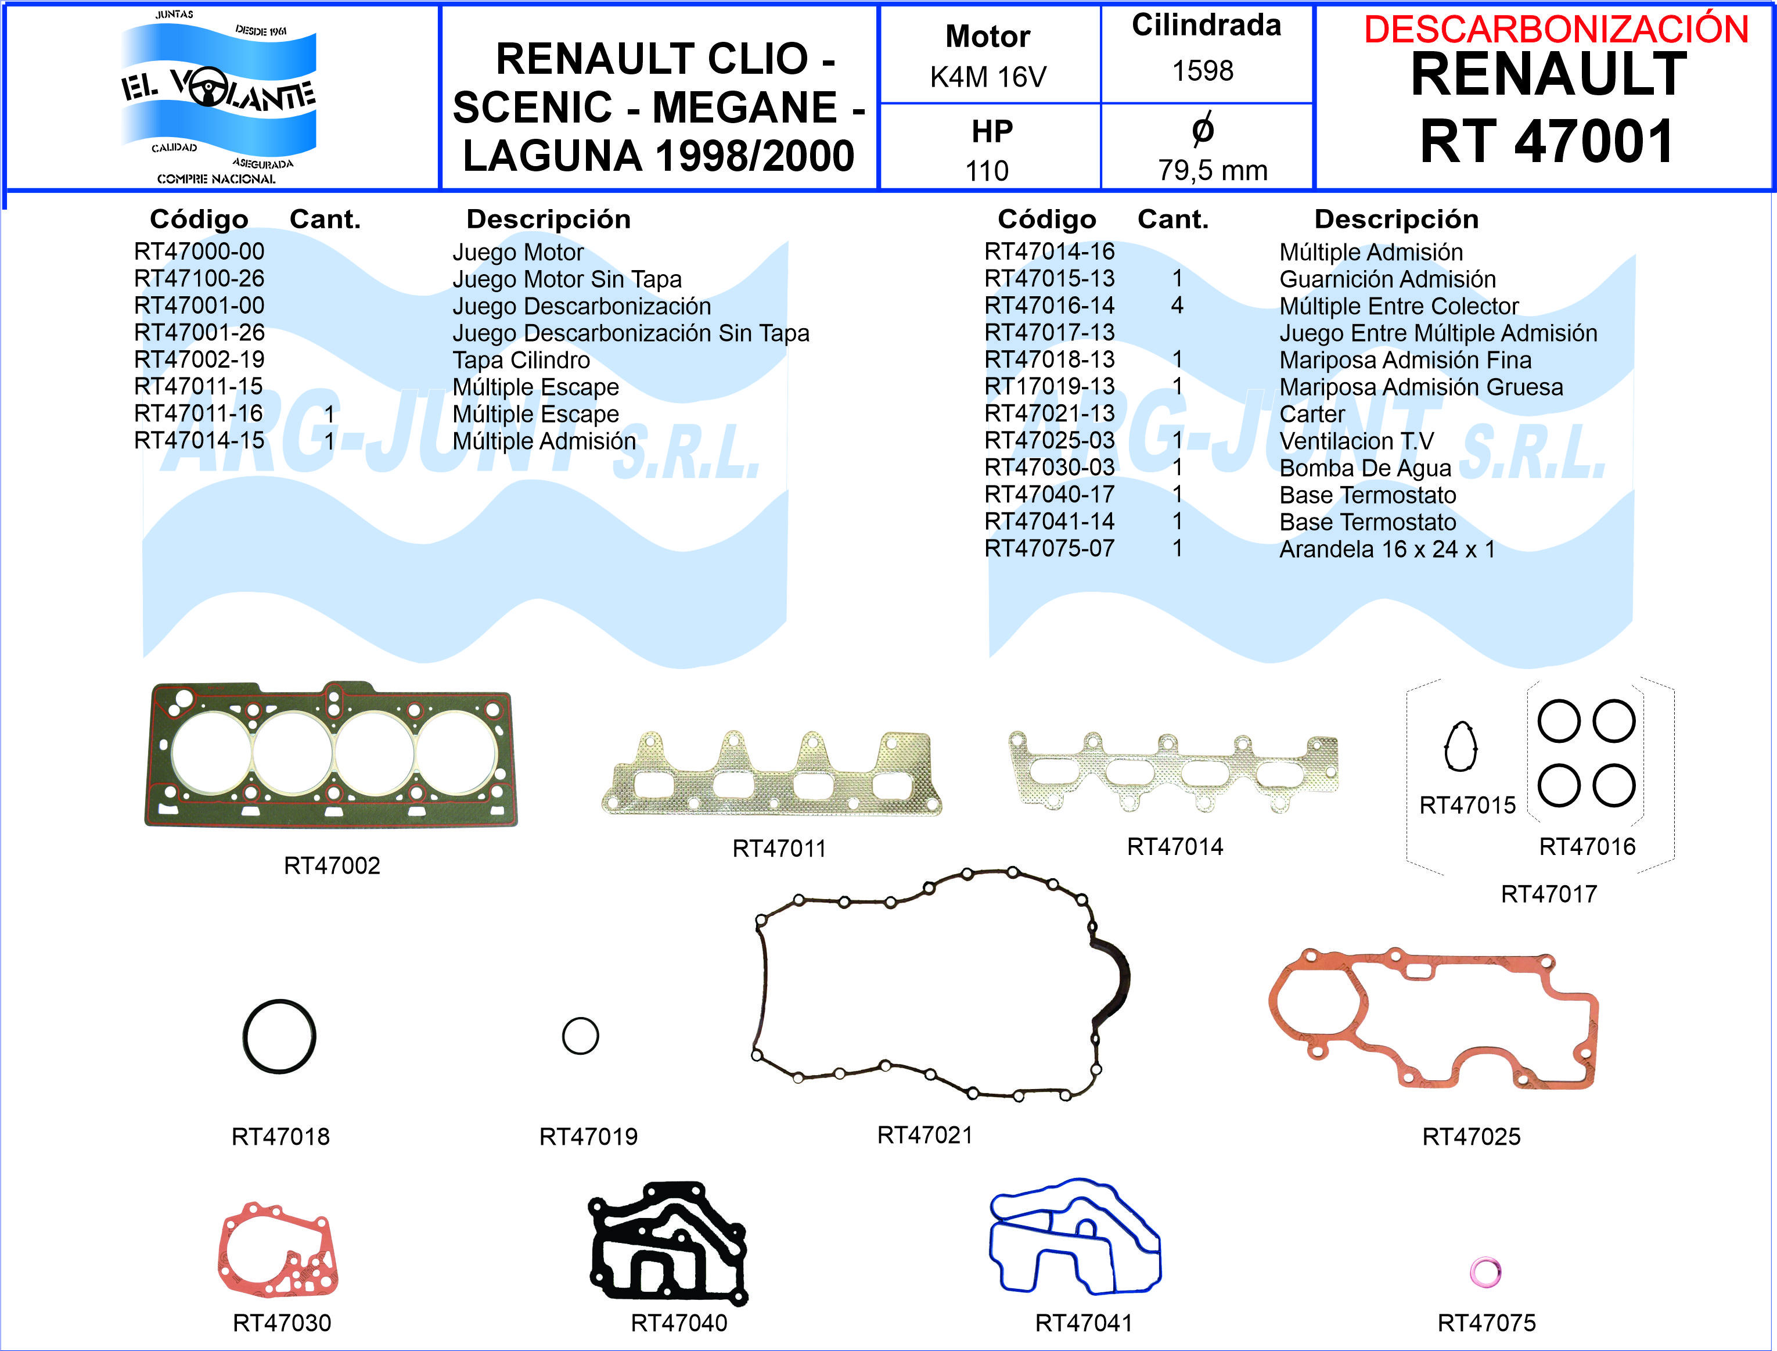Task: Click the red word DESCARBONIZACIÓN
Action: (1556, 30)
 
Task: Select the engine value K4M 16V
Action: (988, 77)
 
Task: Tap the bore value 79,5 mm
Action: (1213, 171)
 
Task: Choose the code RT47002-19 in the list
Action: (199, 360)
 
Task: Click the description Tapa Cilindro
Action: (521, 360)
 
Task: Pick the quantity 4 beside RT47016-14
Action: (1177, 306)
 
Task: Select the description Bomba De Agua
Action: (1365, 468)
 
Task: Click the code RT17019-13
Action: (1049, 387)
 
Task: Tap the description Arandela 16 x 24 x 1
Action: (1387, 549)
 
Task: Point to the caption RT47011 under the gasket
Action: (779, 849)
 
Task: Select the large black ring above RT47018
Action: (279, 1037)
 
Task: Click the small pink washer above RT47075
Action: (1485, 1272)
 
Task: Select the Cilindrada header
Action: (1206, 26)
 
